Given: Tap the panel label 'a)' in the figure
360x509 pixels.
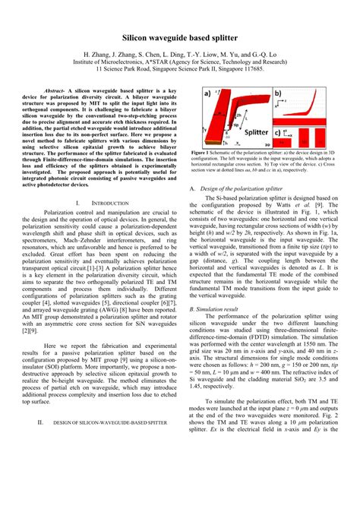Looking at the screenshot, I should (x=207, y=93).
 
